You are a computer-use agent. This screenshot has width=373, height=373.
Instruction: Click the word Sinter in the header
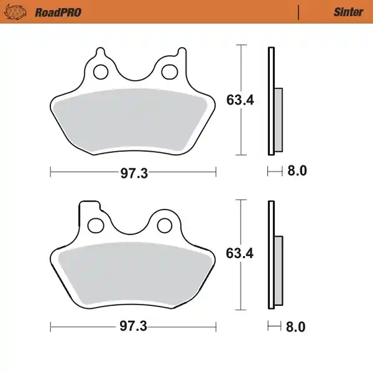[x=349, y=12]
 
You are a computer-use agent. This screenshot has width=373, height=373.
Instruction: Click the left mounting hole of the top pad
[x=99, y=72]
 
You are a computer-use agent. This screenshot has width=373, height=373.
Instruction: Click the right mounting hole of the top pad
[x=168, y=72]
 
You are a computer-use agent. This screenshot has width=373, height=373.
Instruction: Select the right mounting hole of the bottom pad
[x=165, y=224]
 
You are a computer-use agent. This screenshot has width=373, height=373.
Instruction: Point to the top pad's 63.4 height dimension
[x=239, y=99]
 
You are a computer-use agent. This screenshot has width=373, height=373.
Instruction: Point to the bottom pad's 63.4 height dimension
[x=239, y=254]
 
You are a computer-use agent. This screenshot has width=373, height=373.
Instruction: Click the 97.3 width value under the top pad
[x=134, y=173]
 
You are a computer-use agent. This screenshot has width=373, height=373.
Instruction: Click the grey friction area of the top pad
[x=132, y=122]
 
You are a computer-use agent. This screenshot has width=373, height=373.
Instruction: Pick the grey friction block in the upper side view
[x=278, y=119]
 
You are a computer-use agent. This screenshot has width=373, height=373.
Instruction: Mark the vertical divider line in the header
[x=299, y=12]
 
